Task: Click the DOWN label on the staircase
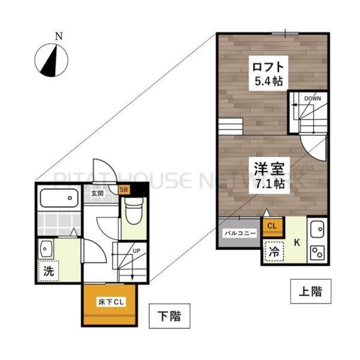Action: [x=312, y=98]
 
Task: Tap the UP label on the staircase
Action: [x=136, y=250]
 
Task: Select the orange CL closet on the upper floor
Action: [x=272, y=226]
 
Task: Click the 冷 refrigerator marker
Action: [x=272, y=253]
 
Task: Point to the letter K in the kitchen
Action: [x=296, y=242]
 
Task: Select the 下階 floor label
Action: [x=169, y=314]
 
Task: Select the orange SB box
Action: [x=124, y=191]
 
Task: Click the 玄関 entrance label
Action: [x=98, y=193]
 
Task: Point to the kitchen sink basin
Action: [x=316, y=229]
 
